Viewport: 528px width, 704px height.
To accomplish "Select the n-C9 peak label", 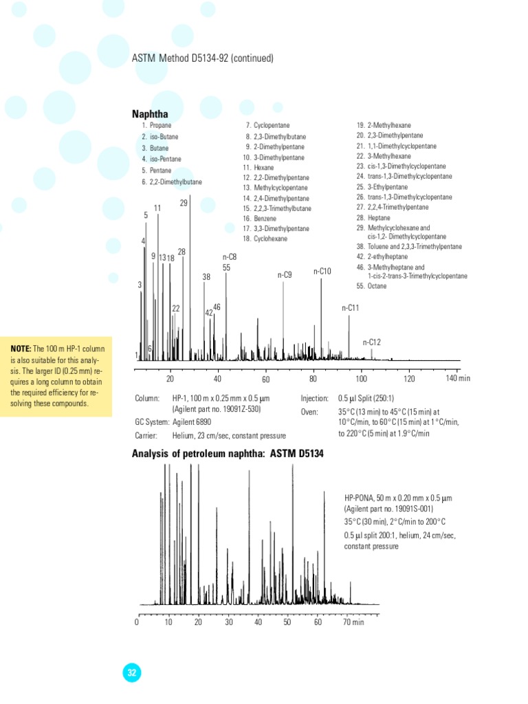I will click(285, 275).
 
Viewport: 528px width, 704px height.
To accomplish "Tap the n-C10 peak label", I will click(322, 272).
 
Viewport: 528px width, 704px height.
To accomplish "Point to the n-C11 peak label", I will click(351, 308).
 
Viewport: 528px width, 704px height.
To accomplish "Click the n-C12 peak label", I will click(371, 342).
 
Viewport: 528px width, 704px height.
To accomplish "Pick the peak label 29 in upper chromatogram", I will click(184, 203).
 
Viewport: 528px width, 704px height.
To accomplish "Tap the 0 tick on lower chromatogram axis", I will click(137, 622).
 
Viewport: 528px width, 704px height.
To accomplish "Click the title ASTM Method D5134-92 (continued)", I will click(202, 58).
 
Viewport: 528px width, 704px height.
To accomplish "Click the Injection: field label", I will click(315, 398).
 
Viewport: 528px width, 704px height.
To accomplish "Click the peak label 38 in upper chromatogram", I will click(206, 277).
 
